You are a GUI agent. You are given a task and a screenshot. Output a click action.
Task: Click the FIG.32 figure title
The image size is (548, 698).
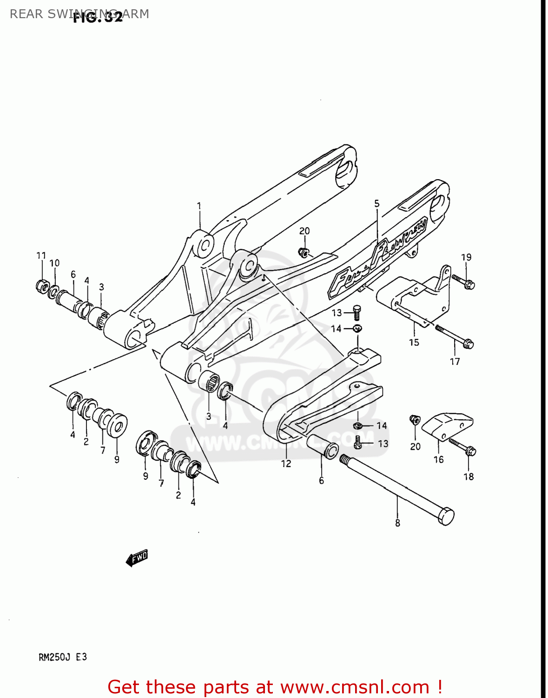pos(98,17)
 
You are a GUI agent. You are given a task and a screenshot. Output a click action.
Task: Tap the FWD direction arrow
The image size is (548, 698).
pos(137,557)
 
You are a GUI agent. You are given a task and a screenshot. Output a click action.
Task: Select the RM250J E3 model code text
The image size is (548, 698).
pos(62,657)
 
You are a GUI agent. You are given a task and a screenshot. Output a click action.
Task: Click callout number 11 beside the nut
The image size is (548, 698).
pos(41,255)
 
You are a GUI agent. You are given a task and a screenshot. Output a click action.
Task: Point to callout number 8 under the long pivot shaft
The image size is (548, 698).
pos(397,523)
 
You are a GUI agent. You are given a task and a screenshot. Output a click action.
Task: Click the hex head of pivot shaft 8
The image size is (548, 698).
pos(446,517)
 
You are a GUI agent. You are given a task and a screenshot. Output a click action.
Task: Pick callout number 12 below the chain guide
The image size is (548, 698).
pos(286,463)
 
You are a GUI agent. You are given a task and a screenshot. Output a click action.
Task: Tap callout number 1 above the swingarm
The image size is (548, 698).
pos(199,206)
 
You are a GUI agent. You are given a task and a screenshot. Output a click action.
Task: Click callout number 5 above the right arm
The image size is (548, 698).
pos(376,203)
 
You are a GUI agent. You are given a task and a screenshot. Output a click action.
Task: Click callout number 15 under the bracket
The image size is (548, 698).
pos(414,342)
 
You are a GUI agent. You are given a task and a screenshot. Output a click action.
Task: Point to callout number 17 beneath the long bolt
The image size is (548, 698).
pos(455,361)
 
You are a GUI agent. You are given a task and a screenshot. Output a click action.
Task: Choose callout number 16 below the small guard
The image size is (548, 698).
pos(438,460)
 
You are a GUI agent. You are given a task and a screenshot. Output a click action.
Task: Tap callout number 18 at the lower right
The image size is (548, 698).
pos(469,477)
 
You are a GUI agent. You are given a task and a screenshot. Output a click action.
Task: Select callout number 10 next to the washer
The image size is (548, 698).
pos(54,263)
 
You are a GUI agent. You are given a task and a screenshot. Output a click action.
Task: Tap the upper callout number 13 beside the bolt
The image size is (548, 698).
pos(337,313)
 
